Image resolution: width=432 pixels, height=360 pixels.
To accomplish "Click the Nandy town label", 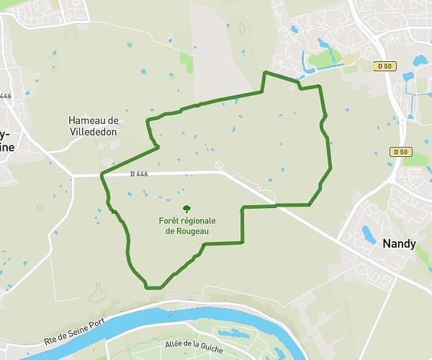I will [x=399, y=243].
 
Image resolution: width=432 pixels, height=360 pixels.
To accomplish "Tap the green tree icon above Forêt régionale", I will [x=187, y=208].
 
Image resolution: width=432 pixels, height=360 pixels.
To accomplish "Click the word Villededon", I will [x=94, y=132].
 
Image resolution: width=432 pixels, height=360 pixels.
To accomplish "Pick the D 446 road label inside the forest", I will [x=139, y=174].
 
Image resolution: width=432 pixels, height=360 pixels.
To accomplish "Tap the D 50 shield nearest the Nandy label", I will [x=400, y=152].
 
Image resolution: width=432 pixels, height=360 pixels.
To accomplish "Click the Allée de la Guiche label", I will [x=194, y=346].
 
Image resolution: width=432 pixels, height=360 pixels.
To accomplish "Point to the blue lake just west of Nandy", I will [x=369, y=234].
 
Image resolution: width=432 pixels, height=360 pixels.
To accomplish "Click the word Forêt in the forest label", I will [x=171, y=220].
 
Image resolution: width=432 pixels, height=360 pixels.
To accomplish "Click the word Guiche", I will [x=210, y=348].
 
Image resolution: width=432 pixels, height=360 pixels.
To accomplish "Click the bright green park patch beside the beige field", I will [x=187, y=63].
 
